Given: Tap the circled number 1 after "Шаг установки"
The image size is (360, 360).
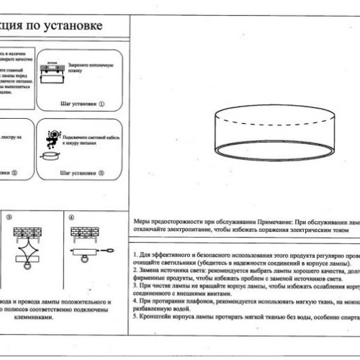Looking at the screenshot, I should [102, 104].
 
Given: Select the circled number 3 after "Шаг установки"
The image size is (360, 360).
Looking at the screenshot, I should [102, 173].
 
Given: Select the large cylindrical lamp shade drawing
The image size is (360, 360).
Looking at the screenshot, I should [270, 130].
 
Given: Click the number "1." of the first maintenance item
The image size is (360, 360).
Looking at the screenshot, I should [137, 256].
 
